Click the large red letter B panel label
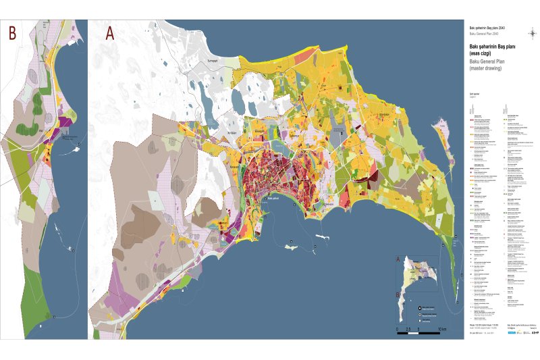tap(11, 32)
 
